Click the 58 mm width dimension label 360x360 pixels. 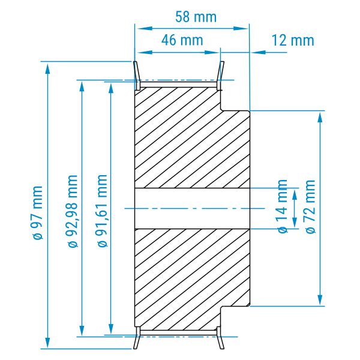[196, 17]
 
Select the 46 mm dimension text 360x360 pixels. [182, 40]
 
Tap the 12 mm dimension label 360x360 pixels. [293, 40]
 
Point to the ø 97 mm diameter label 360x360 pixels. [37, 212]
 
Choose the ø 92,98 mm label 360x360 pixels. [73, 211]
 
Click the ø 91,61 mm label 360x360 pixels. [103, 211]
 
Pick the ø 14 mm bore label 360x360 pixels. [283, 206]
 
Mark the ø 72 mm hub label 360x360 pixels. [310, 206]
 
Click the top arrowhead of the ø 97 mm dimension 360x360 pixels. [47, 68]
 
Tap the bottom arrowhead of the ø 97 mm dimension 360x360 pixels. [47, 343]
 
